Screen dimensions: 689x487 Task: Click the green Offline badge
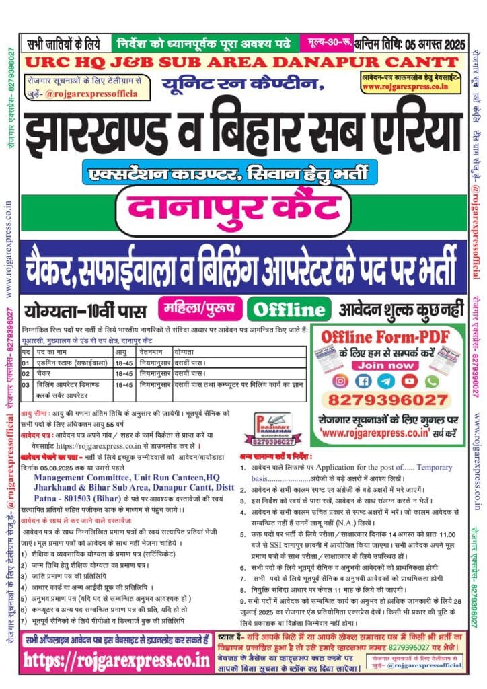coord(288,310)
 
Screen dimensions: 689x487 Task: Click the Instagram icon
coord(341,381)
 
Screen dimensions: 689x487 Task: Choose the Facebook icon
coord(364,381)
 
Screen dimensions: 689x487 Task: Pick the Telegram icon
coord(387,381)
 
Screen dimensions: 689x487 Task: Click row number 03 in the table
coord(26,384)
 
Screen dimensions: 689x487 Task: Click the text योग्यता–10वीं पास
coord(86,310)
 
